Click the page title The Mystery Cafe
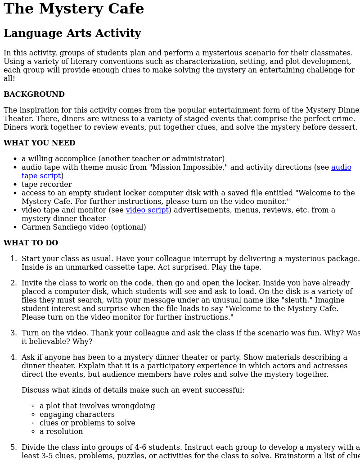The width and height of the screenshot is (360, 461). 74,9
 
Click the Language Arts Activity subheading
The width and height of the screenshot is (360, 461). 72,33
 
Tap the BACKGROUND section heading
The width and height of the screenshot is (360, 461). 34,95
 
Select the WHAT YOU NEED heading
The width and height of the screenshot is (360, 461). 40,143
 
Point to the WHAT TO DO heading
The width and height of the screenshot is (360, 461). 31,243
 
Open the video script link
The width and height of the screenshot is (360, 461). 147,210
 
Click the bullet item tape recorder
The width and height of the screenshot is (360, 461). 46,185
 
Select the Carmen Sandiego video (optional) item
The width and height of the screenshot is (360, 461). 84,227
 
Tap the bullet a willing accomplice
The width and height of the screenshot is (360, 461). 123,159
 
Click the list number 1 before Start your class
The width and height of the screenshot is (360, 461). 13,259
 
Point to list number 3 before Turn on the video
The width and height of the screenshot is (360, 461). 13,333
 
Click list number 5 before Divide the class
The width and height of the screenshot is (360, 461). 13,447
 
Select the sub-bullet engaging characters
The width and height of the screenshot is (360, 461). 77,415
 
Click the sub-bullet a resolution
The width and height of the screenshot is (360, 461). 61,432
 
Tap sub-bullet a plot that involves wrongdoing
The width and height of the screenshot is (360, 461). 97,406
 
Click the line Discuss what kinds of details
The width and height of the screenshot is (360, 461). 133,390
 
